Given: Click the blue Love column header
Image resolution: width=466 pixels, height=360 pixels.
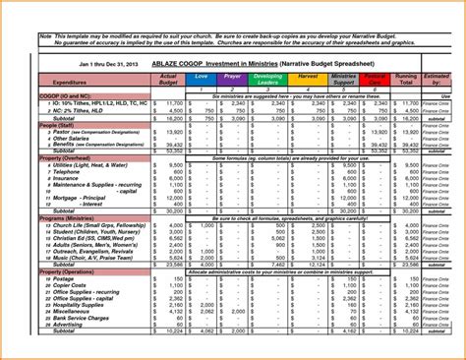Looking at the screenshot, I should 202,77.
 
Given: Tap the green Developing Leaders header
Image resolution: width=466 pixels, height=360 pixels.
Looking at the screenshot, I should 268,80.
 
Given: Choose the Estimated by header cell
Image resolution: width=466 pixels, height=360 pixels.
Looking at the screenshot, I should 439,80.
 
